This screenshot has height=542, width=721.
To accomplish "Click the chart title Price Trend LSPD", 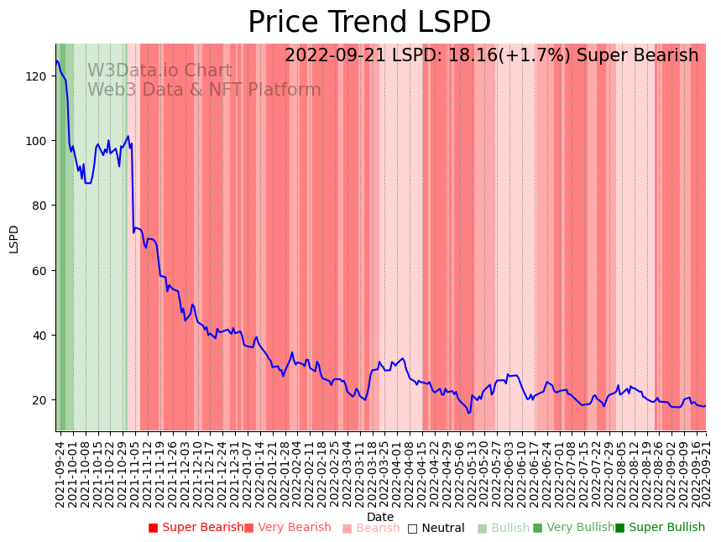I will pos(369,23).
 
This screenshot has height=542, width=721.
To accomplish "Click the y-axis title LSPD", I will pos(14,238).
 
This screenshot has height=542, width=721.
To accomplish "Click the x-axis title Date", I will pos(380,517).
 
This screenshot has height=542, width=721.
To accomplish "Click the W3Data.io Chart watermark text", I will pos(159,71).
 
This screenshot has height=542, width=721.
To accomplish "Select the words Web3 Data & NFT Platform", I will pos(204,90).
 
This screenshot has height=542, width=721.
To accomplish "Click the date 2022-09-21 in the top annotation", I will pos(336,56).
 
